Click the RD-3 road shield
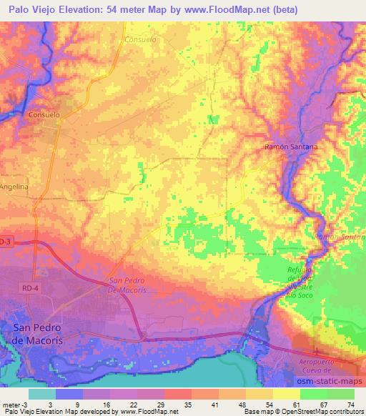click(5, 242)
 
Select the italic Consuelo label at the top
click(140, 39)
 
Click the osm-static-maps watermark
click(328, 380)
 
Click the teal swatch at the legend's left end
click(43, 394)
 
